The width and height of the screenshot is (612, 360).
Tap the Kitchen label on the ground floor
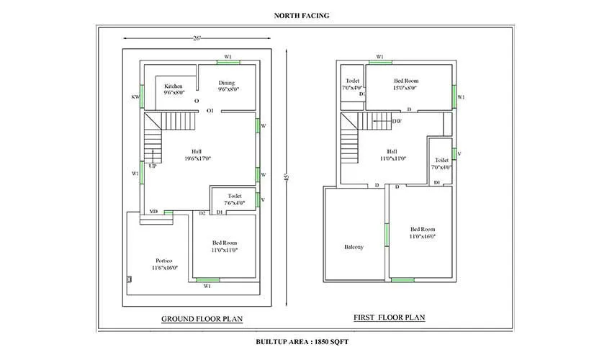(x=173, y=86)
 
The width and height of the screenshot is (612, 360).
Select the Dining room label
(x=227, y=83)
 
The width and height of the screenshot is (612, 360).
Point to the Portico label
(x=165, y=260)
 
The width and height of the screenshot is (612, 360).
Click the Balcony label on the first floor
(x=354, y=247)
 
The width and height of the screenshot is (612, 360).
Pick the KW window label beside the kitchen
(x=135, y=96)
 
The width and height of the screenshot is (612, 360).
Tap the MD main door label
(x=153, y=211)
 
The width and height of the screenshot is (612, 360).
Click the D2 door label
(x=203, y=213)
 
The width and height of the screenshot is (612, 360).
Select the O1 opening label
(x=210, y=111)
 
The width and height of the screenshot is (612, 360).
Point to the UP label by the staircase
(x=153, y=166)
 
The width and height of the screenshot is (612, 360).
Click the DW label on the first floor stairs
(x=397, y=121)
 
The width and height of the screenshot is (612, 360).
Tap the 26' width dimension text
(x=197, y=37)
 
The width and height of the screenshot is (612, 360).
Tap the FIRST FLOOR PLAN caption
(x=389, y=317)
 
